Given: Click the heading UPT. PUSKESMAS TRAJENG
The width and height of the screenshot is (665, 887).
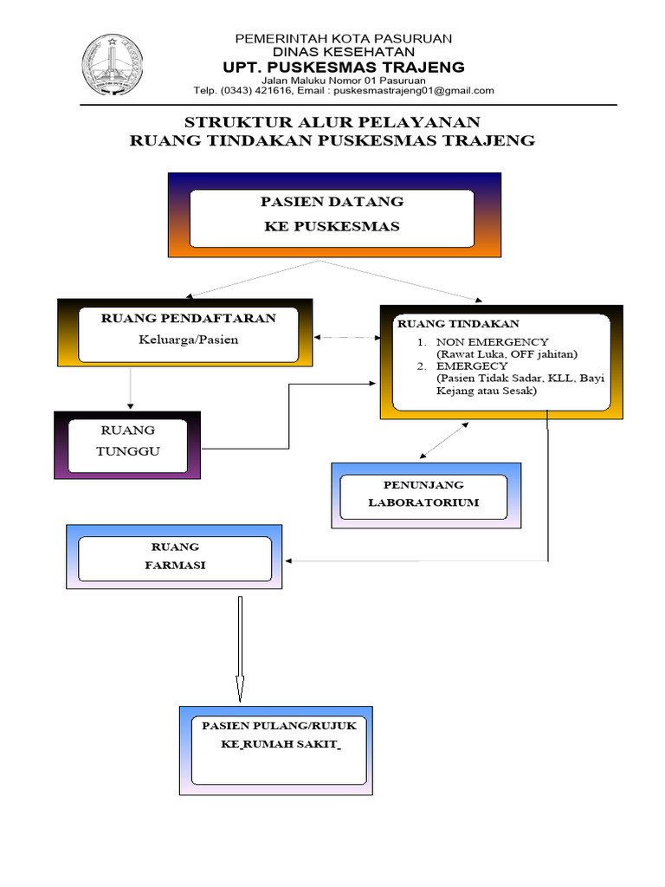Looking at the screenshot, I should click(344, 68).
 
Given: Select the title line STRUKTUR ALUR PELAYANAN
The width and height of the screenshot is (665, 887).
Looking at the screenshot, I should click(332, 121).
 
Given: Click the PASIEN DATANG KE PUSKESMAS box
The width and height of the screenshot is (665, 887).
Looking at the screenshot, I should click(332, 215).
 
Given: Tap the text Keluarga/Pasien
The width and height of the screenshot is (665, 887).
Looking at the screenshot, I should click(188, 340).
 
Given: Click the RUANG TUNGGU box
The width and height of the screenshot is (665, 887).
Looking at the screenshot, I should click(128, 443).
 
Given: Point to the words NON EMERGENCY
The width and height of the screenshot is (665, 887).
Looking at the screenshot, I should click(492, 341).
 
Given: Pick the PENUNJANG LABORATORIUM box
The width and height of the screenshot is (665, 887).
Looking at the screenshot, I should click(426, 495).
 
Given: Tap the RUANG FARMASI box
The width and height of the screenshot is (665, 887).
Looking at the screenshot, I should click(175, 557).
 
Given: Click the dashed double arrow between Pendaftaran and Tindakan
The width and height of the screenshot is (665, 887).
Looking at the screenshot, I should click(347, 337).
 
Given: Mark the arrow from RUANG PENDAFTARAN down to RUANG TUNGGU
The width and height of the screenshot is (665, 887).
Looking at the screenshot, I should click(130, 388).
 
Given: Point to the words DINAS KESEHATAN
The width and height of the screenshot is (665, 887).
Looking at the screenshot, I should click(344, 52).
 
